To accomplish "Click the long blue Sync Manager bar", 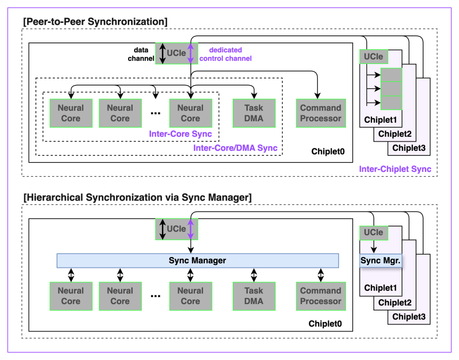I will [x=197, y=261].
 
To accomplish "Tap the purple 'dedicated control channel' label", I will [x=225, y=54].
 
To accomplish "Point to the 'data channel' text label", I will [x=141, y=54].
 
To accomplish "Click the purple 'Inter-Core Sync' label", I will [x=181, y=134].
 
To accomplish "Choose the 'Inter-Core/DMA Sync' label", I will [x=235, y=148].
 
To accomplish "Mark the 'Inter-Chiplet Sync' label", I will [x=395, y=169].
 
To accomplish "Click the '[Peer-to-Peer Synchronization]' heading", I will [x=95, y=21].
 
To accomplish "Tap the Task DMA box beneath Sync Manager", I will [x=254, y=296].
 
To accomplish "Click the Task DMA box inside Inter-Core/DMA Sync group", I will [x=254, y=113].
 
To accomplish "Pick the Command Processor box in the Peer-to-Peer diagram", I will [x=320, y=113].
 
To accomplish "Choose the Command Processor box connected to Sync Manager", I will [x=320, y=296].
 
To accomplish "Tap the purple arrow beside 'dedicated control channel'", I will [x=191, y=53].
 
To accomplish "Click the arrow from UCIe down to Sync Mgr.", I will [x=373, y=247].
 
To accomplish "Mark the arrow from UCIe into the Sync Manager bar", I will [x=191, y=246].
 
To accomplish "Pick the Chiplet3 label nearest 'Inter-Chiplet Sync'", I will [x=409, y=148].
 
